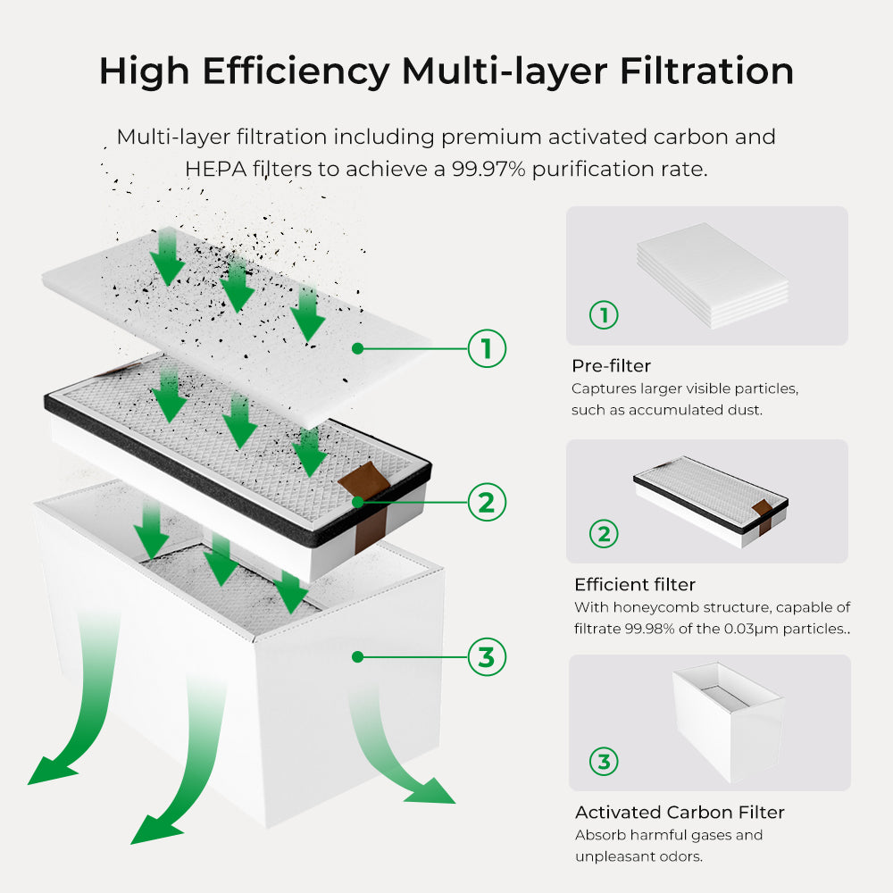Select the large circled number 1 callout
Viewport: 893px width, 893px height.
487,348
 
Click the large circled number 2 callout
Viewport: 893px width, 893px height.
487,503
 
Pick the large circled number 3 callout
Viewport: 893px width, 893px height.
487,657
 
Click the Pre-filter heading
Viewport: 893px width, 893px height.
611,366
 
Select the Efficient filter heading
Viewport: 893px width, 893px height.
634,585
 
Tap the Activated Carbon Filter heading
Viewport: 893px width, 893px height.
679,813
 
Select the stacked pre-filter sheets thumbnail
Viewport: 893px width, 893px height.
713,275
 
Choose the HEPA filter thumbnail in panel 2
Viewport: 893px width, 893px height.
712,502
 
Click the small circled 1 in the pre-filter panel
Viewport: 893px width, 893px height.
604,315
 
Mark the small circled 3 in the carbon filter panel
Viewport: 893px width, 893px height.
604,762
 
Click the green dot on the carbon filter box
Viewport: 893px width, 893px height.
356,657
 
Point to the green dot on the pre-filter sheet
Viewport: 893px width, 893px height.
356,348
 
